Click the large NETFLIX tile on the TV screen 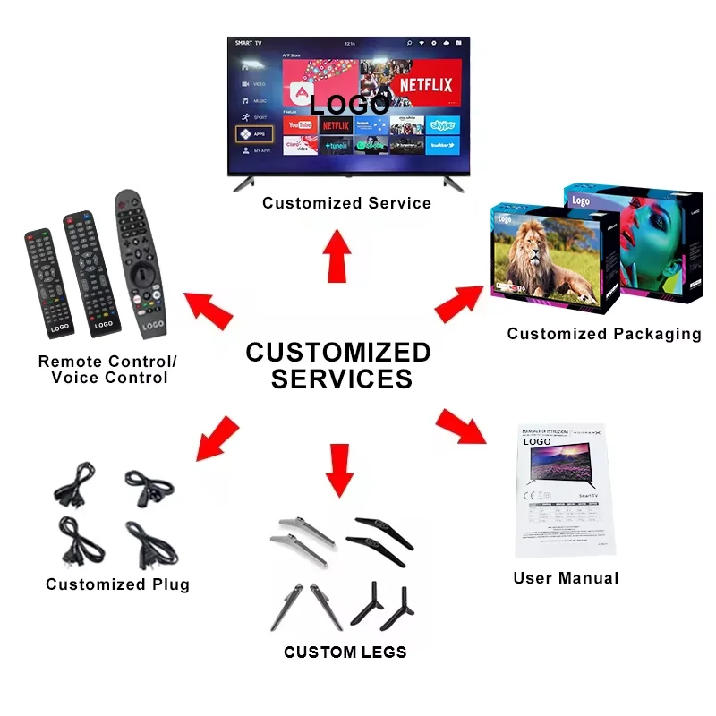pyautogui.click(x=425, y=86)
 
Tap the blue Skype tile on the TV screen pyautogui.click(x=442, y=124)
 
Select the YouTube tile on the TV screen pyautogui.click(x=299, y=124)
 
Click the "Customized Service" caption pyautogui.click(x=346, y=203)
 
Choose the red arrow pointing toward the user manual pyautogui.click(x=463, y=427)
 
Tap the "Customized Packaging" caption pyautogui.click(x=604, y=334)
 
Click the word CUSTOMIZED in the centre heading pyautogui.click(x=338, y=352)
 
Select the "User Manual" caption pyautogui.click(x=566, y=578)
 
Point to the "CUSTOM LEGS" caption pyautogui.click(x=345, y=652)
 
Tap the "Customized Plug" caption pyautogui.click(x=117, y=584)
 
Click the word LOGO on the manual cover pyautogui.click(x=536, y=441)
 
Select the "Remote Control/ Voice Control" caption pyautogui.click(x=108, y=370)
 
